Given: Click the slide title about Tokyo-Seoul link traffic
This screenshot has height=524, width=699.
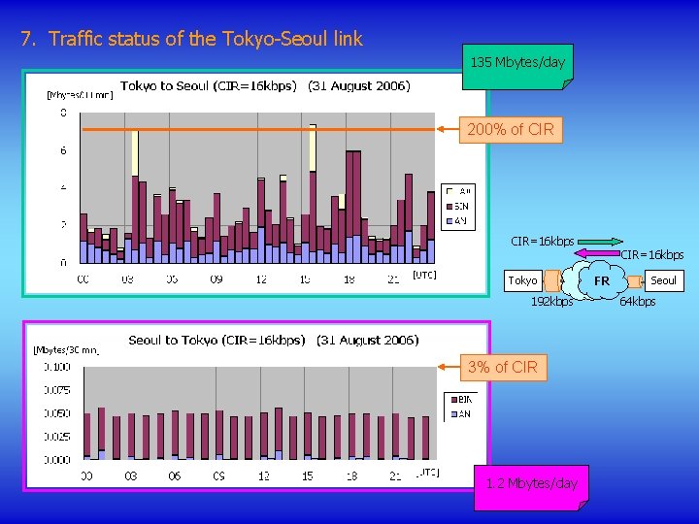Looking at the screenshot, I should [191, 40].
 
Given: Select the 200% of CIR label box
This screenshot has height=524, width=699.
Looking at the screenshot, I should [511, 129].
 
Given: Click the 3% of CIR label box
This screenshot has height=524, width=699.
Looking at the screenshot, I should [501, 367].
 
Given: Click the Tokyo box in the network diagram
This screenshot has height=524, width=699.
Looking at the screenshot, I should [522, 280].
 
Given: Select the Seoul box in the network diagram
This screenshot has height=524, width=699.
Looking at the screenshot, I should [663, 280].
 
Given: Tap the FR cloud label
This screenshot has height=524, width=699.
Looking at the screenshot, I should [602, 281].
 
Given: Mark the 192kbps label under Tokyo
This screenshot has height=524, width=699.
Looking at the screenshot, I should [551, 302].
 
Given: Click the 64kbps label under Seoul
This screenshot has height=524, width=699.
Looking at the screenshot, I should [638, 302].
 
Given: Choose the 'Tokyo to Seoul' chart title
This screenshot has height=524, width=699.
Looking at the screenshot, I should [264, 86].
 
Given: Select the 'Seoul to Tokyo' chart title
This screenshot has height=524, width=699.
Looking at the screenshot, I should [273, 340].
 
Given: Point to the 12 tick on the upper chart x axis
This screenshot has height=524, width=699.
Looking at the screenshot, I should [261, 279].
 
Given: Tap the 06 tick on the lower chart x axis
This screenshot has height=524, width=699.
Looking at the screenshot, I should [175, 476].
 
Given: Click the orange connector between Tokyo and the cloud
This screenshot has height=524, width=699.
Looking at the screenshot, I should [552, 281].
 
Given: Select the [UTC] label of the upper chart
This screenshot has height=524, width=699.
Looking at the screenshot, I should [424, 275].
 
